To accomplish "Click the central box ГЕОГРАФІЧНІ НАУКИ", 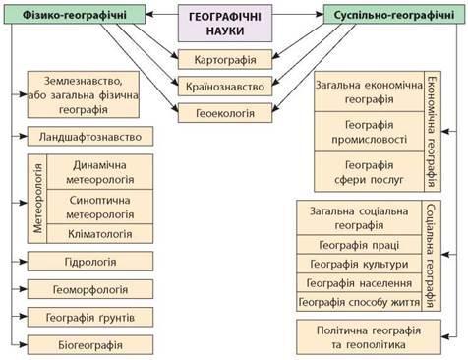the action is click(225, 24).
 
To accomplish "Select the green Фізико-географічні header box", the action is click(75, 15).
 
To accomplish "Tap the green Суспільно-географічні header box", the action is click(394, 15).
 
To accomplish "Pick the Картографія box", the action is click(225, 59).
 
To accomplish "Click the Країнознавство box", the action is click(225, 87).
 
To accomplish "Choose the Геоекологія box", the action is click(225, 113).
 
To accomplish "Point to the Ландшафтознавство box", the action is click(90, 137).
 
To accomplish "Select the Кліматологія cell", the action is click(100, 234).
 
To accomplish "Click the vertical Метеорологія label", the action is click(37, 199).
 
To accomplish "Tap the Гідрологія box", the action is click(90, 262).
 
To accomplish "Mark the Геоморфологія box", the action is click(90, 289).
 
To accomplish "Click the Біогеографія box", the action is click(90, 345).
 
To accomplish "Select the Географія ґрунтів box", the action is click(90, 317).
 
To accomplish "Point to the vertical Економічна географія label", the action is click(433, 132).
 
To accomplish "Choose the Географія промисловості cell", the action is click(370, 132).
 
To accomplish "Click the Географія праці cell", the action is click(359, 245).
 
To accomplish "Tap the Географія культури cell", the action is click(359, 264).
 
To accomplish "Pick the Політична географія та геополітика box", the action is click(369, 337).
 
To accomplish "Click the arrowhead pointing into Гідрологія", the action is click(24, 262).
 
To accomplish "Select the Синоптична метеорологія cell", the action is click(100, 207).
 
